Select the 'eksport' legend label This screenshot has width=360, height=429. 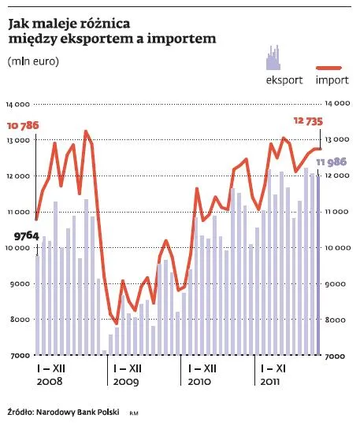point(284,80)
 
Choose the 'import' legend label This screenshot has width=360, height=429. point(332,80)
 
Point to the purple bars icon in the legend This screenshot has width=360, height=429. point(272,60)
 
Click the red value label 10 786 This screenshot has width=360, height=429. point(24,125)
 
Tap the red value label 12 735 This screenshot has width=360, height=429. point(308,121)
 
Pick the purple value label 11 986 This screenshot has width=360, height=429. point(336,161)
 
